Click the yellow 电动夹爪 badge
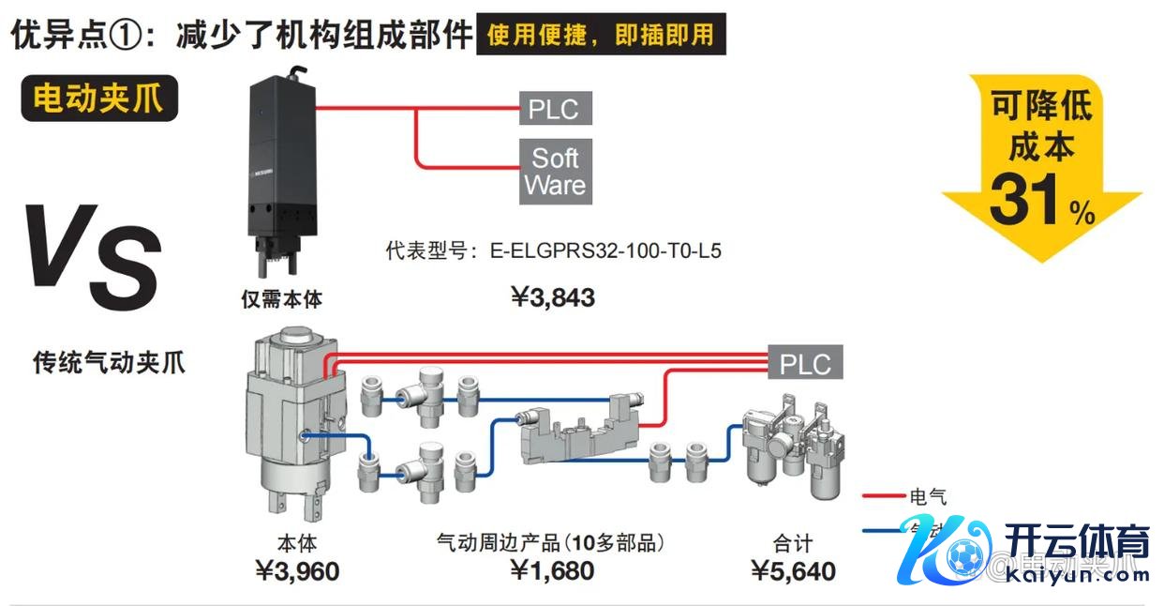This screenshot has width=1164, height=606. tap(98, 98)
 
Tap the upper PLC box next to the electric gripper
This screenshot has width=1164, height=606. tap(553, 108)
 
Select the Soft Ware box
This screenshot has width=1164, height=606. tap(555, 172)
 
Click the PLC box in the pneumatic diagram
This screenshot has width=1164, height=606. tap(805, 363)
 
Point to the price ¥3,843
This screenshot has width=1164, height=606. tap(553, 298)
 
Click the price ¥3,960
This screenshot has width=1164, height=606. tap(297, 570)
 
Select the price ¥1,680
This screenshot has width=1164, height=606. tap(552, 570)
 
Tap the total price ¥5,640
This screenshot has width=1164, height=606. tap(793, 570)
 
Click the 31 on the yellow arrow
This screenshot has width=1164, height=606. tap(1025, 200)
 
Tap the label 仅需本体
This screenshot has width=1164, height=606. tap(281, 300)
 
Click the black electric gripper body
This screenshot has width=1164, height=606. tap(281, 169)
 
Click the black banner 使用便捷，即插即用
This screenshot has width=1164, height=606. tap(600, 36)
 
